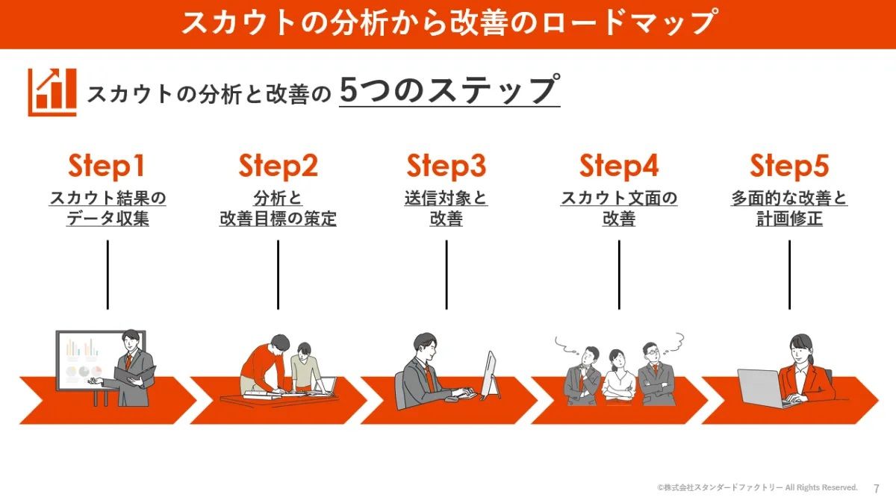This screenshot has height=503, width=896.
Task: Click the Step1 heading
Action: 106,166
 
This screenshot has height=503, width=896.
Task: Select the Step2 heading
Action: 278,166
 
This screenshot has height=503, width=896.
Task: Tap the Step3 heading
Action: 446,166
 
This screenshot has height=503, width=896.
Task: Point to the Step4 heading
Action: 619,166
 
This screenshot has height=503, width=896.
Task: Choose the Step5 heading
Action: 789,166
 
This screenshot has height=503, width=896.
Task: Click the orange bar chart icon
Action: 52,93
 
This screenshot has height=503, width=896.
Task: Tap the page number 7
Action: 877,488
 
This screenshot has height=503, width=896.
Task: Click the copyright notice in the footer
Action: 757,487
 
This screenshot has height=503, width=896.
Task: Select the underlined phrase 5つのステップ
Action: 449,90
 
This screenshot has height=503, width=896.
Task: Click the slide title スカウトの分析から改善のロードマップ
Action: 448,23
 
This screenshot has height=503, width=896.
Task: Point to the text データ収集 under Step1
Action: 108,219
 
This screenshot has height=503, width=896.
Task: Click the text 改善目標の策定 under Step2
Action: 278,219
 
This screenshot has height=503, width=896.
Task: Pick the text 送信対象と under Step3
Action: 446,198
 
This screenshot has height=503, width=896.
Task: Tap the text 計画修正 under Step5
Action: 789,219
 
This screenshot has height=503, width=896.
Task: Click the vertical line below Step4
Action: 619,275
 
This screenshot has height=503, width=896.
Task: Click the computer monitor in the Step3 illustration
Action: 490,375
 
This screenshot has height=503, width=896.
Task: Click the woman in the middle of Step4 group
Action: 618,378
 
